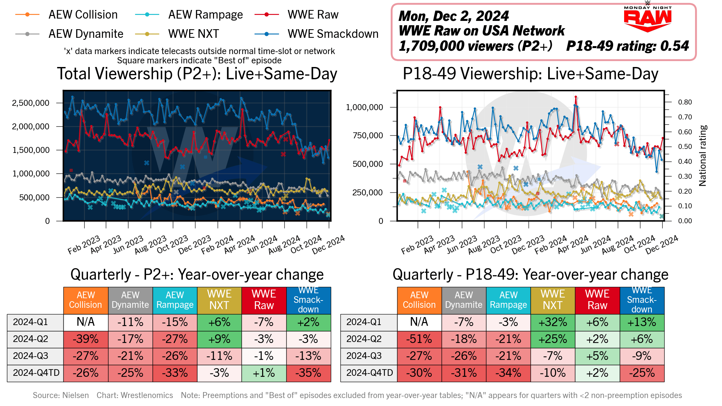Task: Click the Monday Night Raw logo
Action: [x=647, y=18]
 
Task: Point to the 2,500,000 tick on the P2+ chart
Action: [x=31, y=103]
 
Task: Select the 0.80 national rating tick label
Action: [x=685, y=102]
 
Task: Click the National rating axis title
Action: [x=702, y=156]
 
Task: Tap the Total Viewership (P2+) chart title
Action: [x=197, y=74]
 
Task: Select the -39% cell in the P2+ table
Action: [x=86, y=339]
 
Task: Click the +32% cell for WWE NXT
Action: [x=552, y=322]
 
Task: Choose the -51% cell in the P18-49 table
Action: [x=419, y=339]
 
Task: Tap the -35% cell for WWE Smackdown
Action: [x=308, y=373]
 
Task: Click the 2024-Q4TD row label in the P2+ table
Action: [x=36, y=373]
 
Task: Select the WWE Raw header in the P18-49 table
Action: [x=597, y=300]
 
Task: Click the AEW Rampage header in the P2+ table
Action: [x=175, y=300]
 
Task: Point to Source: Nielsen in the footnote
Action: [x=61, y=395]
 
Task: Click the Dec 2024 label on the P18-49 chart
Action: [x=662, y=245]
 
